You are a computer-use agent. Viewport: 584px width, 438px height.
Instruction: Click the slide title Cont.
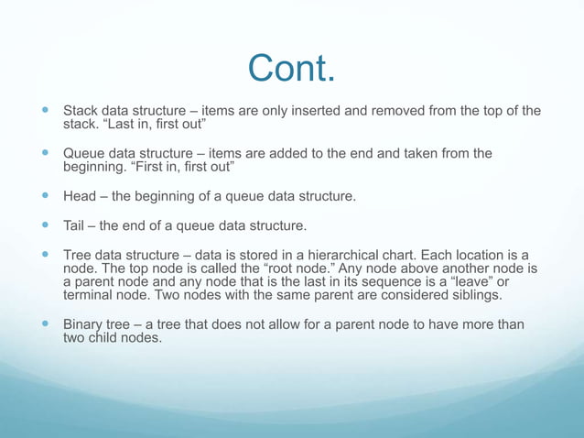click(x=292, y=68)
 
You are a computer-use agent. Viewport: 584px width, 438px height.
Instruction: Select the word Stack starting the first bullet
click(x=81, y=112)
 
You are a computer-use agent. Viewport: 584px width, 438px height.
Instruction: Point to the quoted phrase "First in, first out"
click(x=172, y=167)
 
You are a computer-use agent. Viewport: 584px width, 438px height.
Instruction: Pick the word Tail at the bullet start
click(x=75, y=225)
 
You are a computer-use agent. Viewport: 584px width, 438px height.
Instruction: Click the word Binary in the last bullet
click(x=83, y=325)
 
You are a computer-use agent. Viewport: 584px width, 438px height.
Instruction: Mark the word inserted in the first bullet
click(x=307, y=112)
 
